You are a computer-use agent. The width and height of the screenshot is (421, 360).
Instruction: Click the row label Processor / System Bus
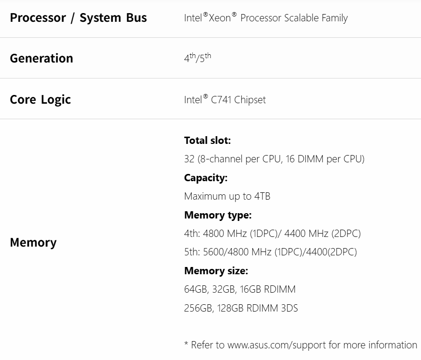point(78,18)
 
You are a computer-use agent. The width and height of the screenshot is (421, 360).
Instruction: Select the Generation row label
point(41,59)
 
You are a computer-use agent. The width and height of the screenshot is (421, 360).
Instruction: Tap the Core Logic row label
point(40,100)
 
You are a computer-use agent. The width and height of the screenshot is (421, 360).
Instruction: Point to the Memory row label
point(33,242)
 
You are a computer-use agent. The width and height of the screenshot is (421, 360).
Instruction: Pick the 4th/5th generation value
point(198,59)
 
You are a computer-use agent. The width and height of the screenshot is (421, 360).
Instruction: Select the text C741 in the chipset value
point(222,100)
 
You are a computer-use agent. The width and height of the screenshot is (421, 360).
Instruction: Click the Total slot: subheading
point(207,141)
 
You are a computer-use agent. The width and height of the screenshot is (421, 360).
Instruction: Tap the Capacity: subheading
point(205,178)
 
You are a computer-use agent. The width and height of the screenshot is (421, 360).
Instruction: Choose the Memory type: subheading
point(218,215)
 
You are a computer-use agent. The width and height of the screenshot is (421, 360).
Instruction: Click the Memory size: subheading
point(216,271)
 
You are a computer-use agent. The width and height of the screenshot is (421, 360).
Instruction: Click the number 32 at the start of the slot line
point(189,159)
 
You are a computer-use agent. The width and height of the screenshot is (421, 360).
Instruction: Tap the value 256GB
point(198,308)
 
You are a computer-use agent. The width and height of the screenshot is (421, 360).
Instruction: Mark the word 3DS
point(289,308)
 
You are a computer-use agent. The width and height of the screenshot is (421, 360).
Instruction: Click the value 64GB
point(195,289)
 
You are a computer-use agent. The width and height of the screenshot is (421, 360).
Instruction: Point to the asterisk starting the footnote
point(187,344)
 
